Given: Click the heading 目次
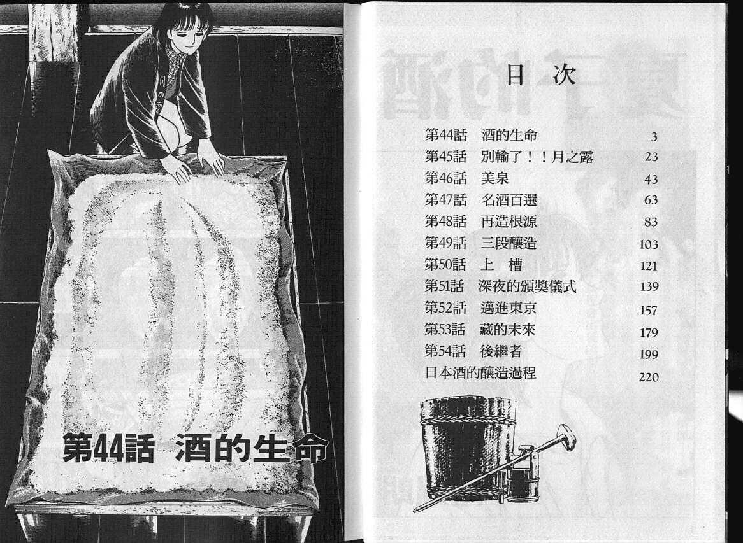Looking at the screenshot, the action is point(541,75).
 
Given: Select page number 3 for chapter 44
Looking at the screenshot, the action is point(654,138).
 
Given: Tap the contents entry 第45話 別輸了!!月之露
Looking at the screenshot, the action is point(509,157).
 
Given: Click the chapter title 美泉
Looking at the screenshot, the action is point(494,178).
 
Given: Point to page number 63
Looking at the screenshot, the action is point(651,201).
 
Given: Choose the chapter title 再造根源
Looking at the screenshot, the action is point(509,222).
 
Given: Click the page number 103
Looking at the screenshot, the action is point(649,244).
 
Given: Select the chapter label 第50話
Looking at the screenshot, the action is point(445,265).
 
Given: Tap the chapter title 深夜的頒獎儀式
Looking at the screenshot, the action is point(527,286).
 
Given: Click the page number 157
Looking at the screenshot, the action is point(649,311).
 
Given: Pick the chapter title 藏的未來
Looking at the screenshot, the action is point(507,330).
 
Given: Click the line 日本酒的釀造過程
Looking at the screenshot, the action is point(480,373).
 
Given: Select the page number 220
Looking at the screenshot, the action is point(649,377).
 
